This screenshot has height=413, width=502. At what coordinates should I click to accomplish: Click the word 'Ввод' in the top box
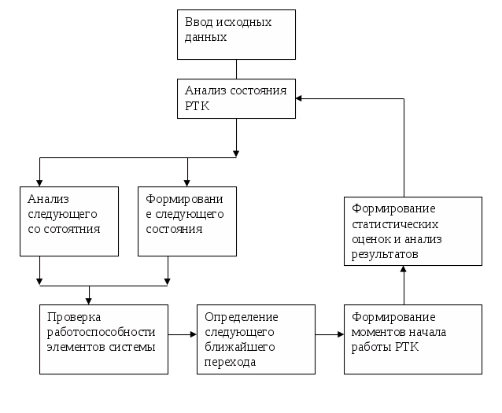(199, 22)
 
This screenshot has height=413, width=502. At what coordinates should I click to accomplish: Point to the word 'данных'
(206, 38)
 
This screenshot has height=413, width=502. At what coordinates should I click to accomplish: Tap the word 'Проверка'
(74, 317)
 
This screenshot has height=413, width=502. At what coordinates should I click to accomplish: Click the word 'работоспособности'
(102, 332)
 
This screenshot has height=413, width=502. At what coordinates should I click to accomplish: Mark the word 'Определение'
(242, 317)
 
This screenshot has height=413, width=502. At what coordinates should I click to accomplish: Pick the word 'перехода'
(231, 362)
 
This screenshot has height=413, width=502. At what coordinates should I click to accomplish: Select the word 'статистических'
(395, 224)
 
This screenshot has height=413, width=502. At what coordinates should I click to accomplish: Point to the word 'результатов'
(385, 254)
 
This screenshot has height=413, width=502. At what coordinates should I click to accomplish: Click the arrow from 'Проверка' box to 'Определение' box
(183, 334)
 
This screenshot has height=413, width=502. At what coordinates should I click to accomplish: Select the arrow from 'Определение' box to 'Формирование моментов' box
(330, 334)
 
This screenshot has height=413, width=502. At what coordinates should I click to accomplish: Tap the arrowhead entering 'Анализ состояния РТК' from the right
(299, 98)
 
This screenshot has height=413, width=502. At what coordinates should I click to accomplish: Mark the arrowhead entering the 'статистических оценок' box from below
(404, 269)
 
